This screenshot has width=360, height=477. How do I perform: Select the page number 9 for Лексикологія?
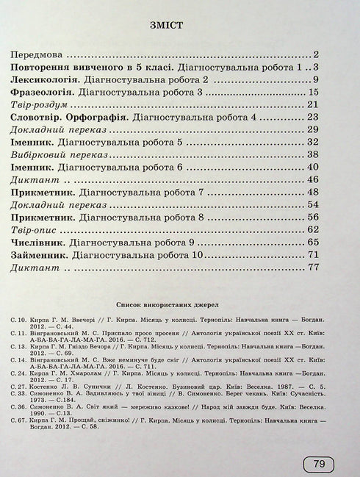[314, 79]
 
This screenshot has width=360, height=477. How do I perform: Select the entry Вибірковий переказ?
[59, 154]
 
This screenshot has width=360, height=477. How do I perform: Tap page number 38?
[311, 154]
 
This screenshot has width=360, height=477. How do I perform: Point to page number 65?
[311, 242]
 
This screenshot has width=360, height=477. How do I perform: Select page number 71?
[311, 254]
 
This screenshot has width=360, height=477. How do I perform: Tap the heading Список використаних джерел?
[178, 303]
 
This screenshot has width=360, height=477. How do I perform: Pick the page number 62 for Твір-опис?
[311, 229]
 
